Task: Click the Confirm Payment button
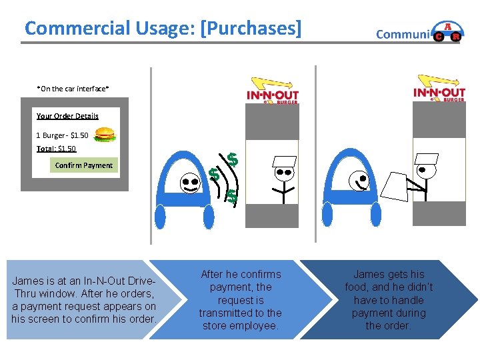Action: [x=84, y=165]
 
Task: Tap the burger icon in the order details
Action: [x=105, y=135]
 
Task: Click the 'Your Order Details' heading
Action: [x=67, y=116]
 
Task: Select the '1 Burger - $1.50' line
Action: [x=62, y=135]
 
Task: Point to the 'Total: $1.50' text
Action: [x=56, y=149]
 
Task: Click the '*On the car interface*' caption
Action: [x=73, y=88]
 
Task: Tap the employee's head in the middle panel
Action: [x=285, y=172]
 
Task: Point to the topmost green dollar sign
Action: [x=232, y=159]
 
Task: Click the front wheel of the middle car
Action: [x=161, y=217]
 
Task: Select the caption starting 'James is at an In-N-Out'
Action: [x=84, y=300]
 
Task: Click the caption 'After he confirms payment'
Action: [x=241, y=300]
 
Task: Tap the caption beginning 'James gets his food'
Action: [x=389, y=300]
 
